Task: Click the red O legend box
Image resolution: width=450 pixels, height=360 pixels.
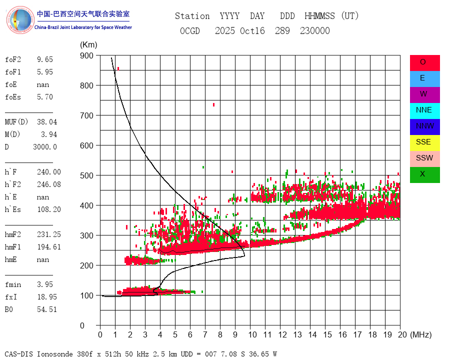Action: (x=424, y=62)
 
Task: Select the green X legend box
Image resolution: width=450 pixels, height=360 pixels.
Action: (x=424, y=174)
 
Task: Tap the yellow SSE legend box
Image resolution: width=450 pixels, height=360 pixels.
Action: (x=424, y=142)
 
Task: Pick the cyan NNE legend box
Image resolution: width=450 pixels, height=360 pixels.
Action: (x=424, y=110)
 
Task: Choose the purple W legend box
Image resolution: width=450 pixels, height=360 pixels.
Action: (x=424, y=94)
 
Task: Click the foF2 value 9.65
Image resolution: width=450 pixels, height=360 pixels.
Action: (x=44, y=59)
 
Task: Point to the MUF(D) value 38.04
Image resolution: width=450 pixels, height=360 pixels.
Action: (x=47, y=122)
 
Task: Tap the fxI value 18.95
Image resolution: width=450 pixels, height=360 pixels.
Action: (x=47, y=297)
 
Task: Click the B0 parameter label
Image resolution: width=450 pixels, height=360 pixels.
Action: (x=10, y=309)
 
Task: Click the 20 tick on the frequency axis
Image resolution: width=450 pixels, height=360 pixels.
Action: (x=400, y=334)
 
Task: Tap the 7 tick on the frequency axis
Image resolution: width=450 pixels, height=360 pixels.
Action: (x=205, y=334)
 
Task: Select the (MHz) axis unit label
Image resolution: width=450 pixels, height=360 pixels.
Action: (x=420, y=334)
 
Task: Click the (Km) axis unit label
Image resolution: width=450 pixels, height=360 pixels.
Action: (x=88, y=45)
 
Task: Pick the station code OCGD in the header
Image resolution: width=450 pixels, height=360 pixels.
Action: (x=189, y=31)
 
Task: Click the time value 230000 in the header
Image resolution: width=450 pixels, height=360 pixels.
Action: (x=314, y=31)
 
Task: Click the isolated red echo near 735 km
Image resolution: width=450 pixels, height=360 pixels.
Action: (x=213, y=104)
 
